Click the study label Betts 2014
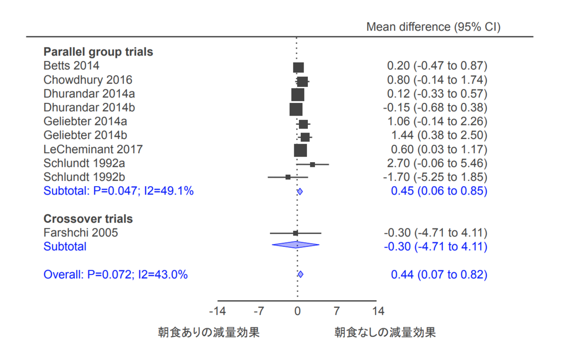(x=71, y=65)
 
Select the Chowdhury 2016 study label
(x=88, y=79)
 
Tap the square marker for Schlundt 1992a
(x=313, y=164)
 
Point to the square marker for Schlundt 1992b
(x=288, y=177)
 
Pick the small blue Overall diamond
(x=301, y=274)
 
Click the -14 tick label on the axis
(x=217, y=311)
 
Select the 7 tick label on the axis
(x=337, y=311)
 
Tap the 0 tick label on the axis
(x=298, y=311)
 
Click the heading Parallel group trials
(x=98, y=52)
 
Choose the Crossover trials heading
(x=88, y=219)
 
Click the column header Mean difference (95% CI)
(x=433, y=27)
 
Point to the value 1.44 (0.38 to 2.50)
(x=439, y=136)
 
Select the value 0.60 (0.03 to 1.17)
(x=439, y=150)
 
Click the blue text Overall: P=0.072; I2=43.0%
(x=116, y=274)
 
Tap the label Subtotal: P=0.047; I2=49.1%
(x=118, y=191)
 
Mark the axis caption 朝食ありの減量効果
(x=209, y=333)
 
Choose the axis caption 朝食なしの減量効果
(x=385, y=333)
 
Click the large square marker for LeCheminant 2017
(x=300, y=150)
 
